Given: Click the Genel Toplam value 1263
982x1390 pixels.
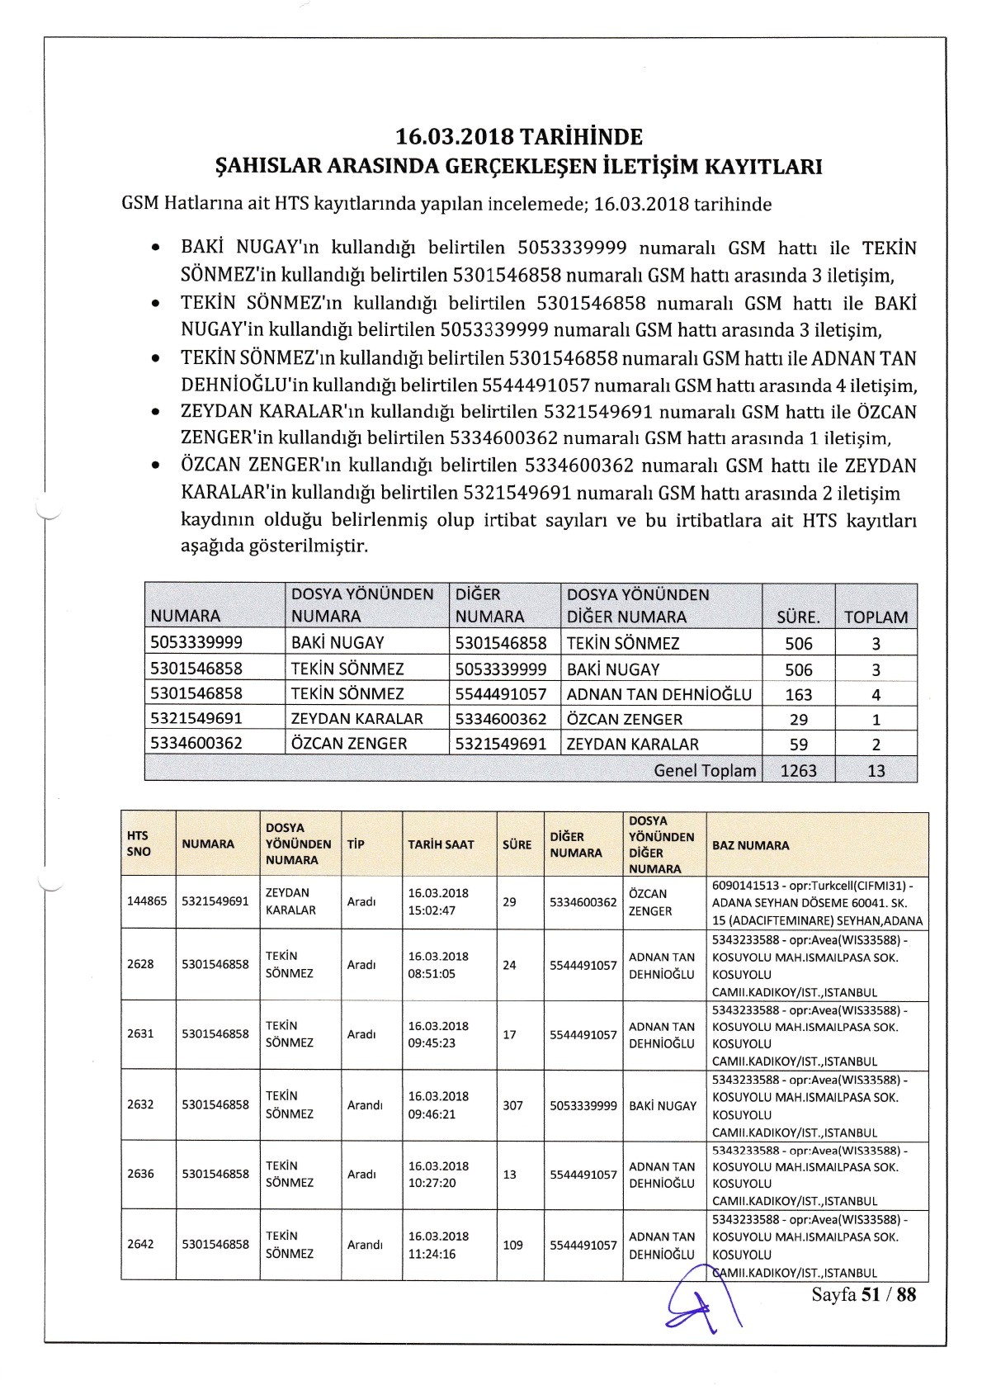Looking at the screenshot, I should [x=798, y=770].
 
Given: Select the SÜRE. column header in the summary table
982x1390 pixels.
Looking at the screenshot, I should [x=798, y=617].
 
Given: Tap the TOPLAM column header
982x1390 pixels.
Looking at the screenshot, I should [x=876, y=617].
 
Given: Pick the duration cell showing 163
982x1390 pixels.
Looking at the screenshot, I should [x=798, y=694].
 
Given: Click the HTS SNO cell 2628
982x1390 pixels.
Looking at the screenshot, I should [x=140, y=964].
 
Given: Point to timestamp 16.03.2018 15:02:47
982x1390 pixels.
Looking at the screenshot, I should [x=438, y=901].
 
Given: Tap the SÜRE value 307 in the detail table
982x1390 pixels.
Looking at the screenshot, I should [x=512, y=1104].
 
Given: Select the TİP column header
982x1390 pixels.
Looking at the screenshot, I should [x=356, y=844].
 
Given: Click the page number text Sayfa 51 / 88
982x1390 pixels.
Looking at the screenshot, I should [x=864, y=1294].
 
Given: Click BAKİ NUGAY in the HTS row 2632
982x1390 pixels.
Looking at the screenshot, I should [x=663, y=1104].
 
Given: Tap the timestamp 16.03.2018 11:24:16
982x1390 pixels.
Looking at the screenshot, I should [x=438, y=1245].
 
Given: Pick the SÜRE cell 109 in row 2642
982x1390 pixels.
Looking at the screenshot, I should [x=512, y=1245].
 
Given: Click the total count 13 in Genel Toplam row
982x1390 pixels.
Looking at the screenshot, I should [x=876, y=770].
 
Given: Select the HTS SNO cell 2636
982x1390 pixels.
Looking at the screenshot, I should [x=140, y=1174].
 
